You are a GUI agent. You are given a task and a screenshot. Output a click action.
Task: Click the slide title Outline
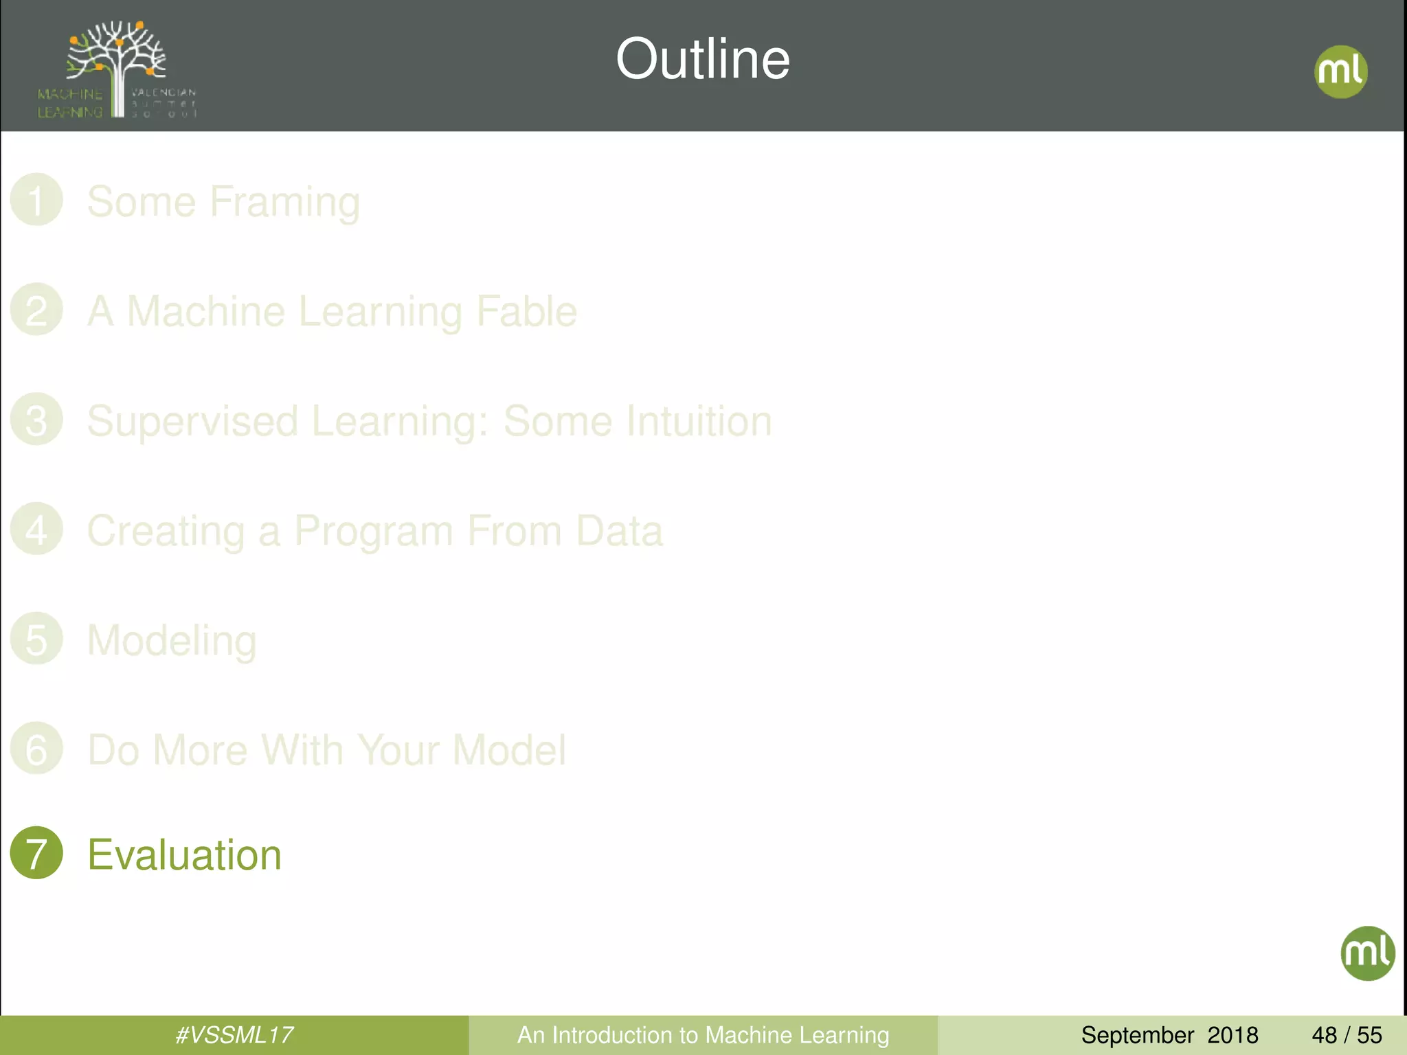[702, 59]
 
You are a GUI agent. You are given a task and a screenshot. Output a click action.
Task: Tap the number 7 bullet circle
[36, 852]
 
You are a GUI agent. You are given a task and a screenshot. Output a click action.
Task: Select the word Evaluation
[184, 855]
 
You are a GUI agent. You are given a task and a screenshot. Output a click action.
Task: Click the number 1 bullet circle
[36, 200]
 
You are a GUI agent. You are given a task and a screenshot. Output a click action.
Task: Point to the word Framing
[284, 203]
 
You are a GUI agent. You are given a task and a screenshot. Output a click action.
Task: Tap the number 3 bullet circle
[36, 419]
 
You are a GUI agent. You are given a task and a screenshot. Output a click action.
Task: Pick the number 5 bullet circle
[36, 638]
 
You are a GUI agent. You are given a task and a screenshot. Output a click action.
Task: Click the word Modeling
[172, 641]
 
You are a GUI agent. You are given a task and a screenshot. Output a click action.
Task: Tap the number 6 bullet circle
[36, 748]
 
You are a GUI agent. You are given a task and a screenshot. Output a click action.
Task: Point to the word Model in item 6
[509, 749]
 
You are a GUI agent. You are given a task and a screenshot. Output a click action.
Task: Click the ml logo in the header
[1340, 71]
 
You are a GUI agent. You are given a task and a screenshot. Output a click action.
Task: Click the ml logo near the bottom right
[1367, 953]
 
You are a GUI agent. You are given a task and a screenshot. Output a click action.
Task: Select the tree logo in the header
[117, 69]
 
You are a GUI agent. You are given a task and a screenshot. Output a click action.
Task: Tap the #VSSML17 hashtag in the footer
[234, 1035]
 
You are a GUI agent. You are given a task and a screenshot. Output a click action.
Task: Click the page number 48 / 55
[1347, 1035]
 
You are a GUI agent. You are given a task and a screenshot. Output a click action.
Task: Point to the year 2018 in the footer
[1232, 1035]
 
